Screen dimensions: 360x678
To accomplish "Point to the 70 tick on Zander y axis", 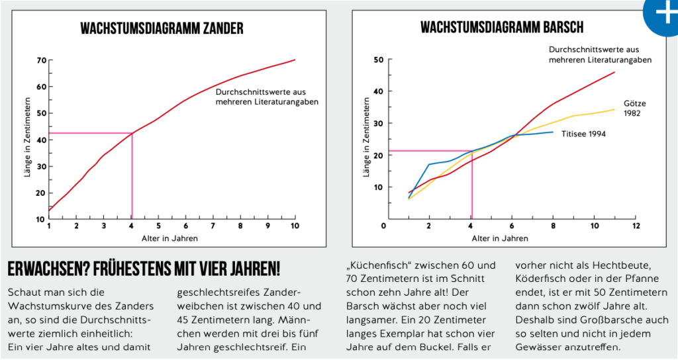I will click(x=41, y=60).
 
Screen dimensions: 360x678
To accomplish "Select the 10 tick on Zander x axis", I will click(x=295, y=226).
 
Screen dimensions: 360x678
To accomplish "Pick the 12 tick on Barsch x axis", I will click(x=636, y=226).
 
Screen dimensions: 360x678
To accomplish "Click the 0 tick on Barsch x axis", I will click(x=384, y=226).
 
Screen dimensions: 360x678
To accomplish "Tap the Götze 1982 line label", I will click(x=634, y=108).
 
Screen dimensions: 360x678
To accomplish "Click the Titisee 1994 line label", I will click(x=584, y=134).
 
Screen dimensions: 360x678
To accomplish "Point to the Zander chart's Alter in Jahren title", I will click(x=169, y=238).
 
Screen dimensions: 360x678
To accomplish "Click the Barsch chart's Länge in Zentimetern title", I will click(x=366, y=138).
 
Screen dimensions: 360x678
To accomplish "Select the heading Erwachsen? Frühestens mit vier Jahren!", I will click(x=144, y=269).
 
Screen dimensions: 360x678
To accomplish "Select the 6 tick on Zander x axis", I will click(x=185, y=226).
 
